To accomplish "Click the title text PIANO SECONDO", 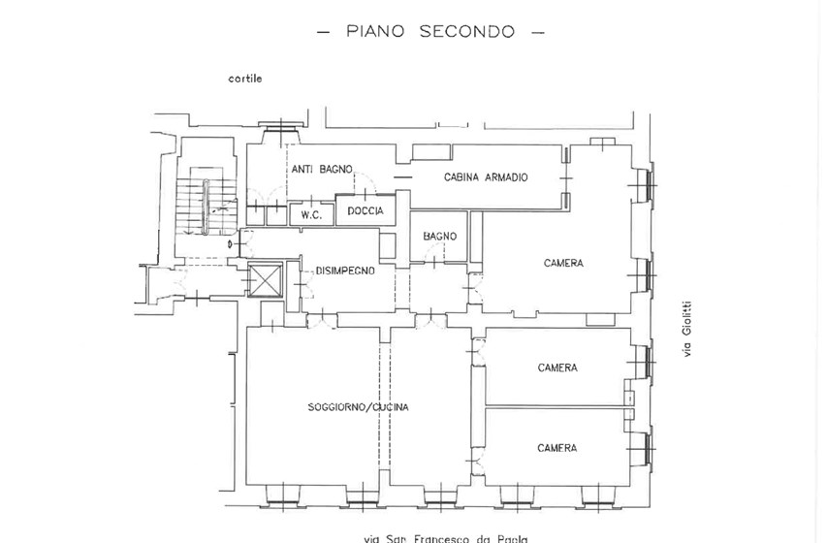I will coord(430,31).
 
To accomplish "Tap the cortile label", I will coord(245,79).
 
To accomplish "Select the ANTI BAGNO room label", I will coord(322,169).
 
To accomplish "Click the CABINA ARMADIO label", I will coord(485,176).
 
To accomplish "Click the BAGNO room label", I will coord(439,237).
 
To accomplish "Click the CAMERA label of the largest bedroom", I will coord(563,263).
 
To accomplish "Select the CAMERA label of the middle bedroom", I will coord(557,367).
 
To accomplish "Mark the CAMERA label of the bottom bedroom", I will coord(557,448).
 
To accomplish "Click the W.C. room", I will coord(311,213).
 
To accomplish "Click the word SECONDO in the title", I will coord(466,31).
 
